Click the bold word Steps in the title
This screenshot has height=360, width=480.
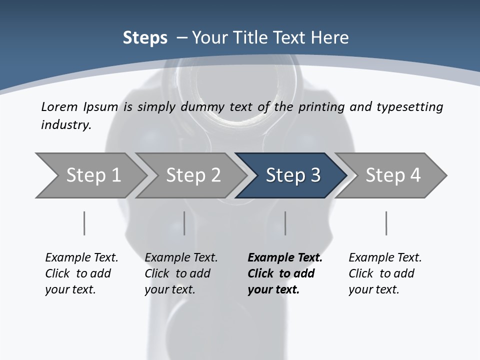click(x=145, y=38)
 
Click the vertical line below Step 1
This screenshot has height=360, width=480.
click(x=84, y=223)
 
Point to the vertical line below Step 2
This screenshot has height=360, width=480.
click(x=184, y=223)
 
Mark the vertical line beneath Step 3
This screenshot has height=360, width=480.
click(x=285, y=223)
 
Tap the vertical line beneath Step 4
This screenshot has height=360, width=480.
click(x=386, y=223)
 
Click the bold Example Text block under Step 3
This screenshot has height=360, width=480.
click(x=285, y=273)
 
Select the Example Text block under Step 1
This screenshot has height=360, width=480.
click(x=81, y=273)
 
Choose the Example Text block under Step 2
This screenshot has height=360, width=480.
click(x=181, y=273)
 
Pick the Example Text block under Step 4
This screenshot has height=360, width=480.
click(x=385, y=273)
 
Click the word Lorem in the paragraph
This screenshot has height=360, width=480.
click(x=59, y=106)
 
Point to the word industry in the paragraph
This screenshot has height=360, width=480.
click(x=66, y=124)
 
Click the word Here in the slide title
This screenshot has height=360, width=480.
click(x=331, y=38)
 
